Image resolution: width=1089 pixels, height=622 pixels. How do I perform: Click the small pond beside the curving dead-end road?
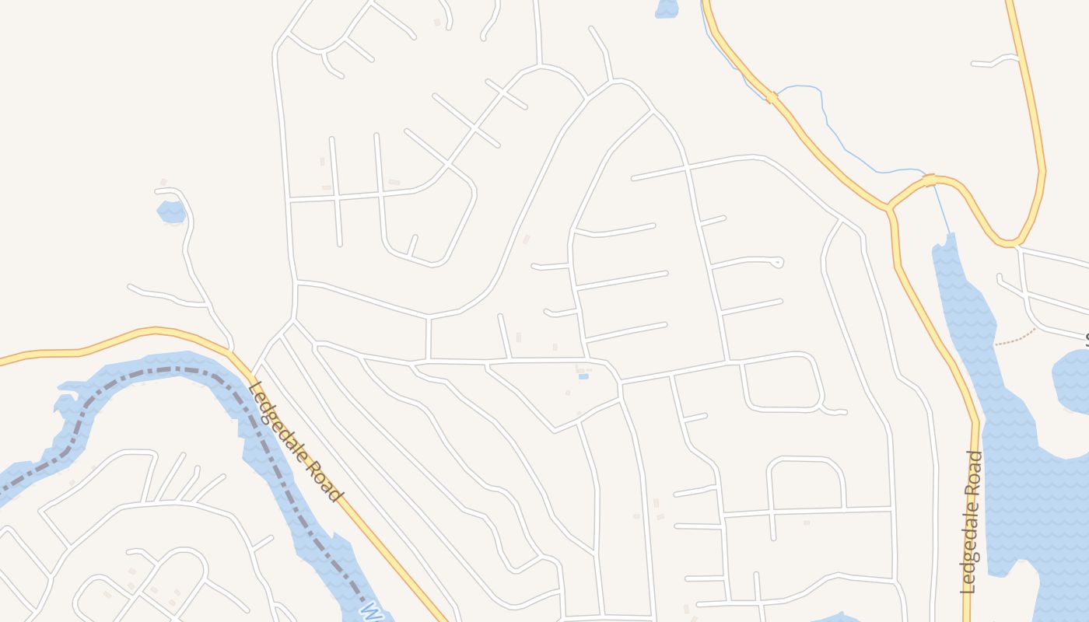(x=171, y=211)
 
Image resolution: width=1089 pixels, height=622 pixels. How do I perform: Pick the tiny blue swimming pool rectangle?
(x=583, y=376)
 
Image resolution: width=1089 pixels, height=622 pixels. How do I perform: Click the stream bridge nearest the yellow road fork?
(x=929, y=180)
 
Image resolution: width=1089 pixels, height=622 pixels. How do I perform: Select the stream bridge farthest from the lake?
(x=772, y=97)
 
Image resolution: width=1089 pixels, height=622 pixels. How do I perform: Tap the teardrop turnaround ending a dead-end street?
(x=777, y=263)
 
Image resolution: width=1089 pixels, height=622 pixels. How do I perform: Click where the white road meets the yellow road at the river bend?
(x=232, y=351)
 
